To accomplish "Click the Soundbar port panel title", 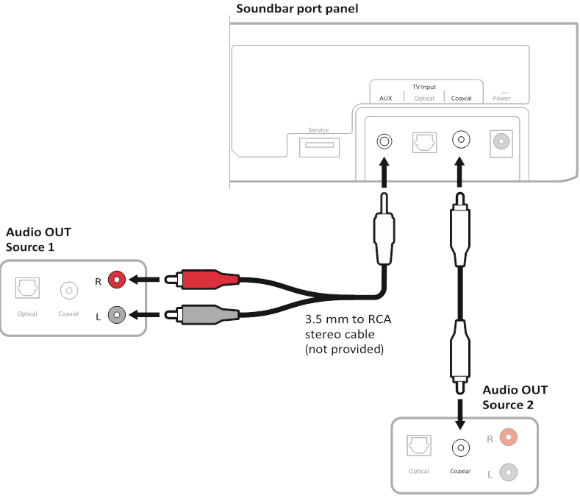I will [297, 9].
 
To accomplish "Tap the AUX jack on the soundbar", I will [384, 140].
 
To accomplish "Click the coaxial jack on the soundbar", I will [461, 139].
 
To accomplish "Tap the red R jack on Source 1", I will [116, 280].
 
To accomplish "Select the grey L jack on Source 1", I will [116, 315].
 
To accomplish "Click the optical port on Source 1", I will [27, 288].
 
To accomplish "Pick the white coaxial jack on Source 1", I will [68, 290].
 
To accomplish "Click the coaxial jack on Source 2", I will [460, 447].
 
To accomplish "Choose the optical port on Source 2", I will [420, 444].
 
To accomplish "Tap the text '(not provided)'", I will [345, 349].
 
